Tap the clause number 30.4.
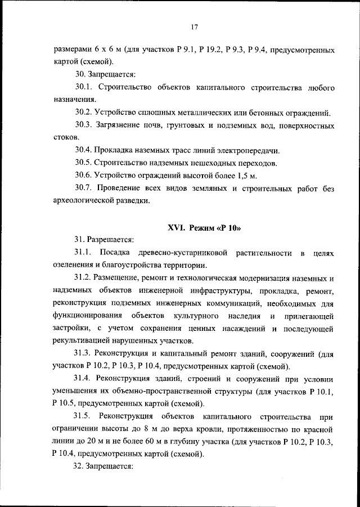coord(84,150)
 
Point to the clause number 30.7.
coord(84,187)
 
